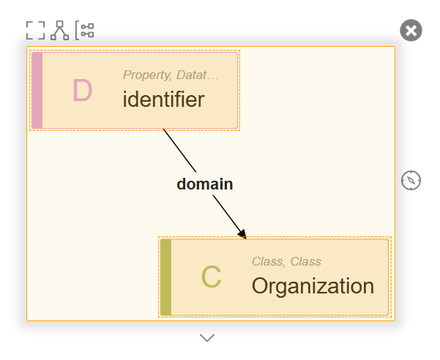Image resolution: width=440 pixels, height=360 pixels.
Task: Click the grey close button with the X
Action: coord(411,30)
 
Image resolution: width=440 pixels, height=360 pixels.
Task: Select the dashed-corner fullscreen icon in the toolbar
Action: coord(35,30)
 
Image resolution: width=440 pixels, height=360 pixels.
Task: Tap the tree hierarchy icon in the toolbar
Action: coord(59,30)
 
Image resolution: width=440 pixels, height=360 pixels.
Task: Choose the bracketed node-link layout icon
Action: coord(85,30)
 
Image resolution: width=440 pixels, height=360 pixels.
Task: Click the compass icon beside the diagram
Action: coord(411,180)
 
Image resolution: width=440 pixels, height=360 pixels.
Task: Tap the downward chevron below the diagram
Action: coord(207,337)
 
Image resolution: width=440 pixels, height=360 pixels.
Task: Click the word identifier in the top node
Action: coord(163,100)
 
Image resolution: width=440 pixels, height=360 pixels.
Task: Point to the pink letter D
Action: coord(82,90)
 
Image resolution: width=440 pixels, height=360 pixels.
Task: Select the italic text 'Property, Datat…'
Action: coord(171,75)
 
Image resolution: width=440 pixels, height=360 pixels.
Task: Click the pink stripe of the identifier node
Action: coord(37,90)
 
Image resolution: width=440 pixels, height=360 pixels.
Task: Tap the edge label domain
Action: coord(205,184)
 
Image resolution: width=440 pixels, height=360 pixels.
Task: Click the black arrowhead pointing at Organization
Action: coord(242,234)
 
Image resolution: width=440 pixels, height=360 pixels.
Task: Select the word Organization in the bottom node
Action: coord(313,286)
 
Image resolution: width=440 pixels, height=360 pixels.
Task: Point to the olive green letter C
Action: coord(211,277)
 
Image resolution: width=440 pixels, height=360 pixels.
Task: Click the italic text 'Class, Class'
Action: coord(286,262)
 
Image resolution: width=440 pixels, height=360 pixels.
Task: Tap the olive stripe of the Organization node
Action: coord(166,277)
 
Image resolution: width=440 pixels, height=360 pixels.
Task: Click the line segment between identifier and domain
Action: coord(179,151)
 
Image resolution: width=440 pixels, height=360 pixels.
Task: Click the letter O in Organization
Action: coord(260,285)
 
